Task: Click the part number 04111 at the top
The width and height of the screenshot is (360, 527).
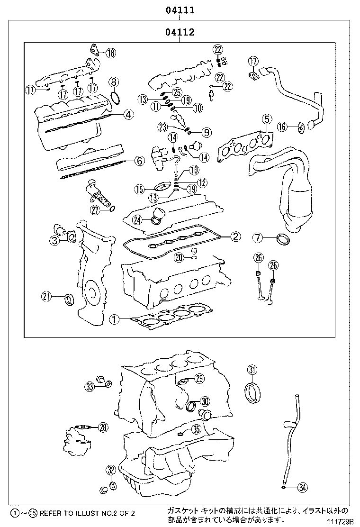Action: click(x=180, y=10)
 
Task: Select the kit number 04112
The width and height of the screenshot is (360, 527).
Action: click(x=180, y=32)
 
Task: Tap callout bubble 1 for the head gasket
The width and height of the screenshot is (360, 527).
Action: click(x=113, y=320)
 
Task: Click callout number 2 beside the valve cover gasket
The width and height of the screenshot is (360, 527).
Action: click(x=235, y=236)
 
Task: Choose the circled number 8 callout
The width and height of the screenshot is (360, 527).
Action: click(x=114, y=82)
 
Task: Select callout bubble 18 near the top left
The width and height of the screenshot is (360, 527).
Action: click(x=110, y=53)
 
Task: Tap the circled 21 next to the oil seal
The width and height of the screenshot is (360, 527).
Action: click(x=45, y=297)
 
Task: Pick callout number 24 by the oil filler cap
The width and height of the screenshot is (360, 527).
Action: click(x=137, y=219)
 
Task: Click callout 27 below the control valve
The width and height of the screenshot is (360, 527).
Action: click(x=96, y=210)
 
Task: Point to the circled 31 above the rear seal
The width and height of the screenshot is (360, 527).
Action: click(x=252, y=370)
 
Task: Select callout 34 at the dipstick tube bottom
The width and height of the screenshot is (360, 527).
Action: click(x=303, y=487)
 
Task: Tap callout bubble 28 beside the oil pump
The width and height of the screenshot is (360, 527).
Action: click(x=103, y=427)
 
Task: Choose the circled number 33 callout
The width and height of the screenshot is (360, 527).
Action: click(x=90, y=387)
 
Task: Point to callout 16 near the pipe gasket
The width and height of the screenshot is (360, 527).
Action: click(x=282, y=127)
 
